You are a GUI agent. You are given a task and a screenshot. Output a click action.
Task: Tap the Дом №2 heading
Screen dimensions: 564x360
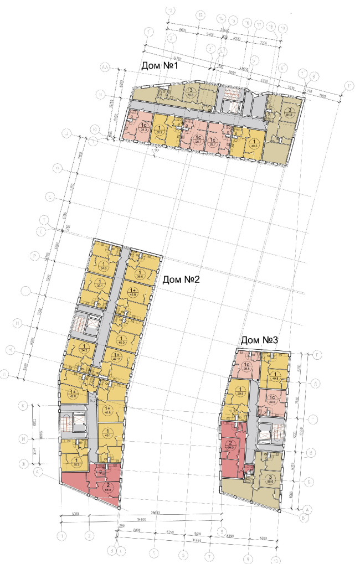click(x=181, y=280)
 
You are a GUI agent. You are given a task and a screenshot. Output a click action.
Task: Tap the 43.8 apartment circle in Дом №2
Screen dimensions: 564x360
click(x=133, y=292)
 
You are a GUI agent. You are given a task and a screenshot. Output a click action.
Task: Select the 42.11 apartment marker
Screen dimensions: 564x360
click(x=116, y=356)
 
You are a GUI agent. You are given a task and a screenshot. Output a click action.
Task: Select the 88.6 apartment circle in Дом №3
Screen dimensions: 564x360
click(x=270, y=480)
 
